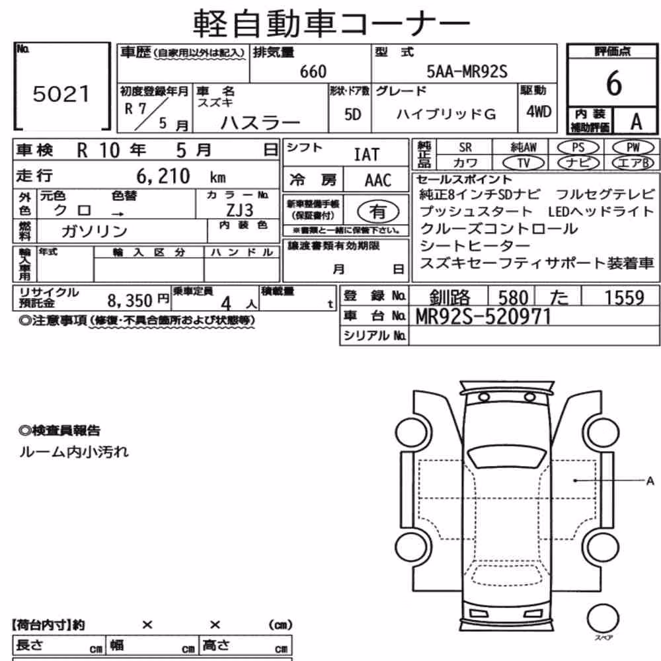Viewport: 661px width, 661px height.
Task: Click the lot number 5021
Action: [x=61, y=94]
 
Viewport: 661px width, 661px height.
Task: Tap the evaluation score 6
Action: [x=614, y=83]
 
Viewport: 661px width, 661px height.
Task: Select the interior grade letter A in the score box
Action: [x=636, y=122]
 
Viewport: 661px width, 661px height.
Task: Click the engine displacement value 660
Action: [x=313, y=71]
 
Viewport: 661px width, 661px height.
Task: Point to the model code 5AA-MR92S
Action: [x=467, y=71]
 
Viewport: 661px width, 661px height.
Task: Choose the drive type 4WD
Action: [x=538, y=112]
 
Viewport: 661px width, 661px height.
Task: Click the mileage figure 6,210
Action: [x=163, y=176]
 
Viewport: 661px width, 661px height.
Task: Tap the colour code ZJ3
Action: [x=240, y=210]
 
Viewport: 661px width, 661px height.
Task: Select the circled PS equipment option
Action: [x=578, y=147]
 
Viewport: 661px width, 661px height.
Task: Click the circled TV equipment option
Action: [x=524, y=163]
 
